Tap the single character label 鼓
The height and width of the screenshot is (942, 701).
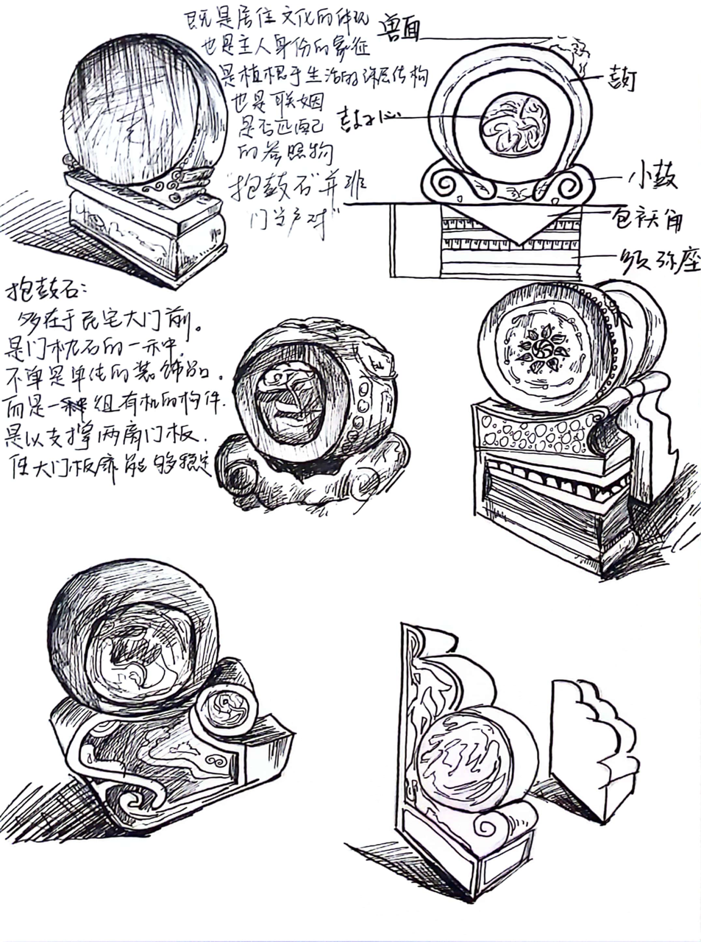(621, 78)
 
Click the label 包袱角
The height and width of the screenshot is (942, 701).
(647, 218)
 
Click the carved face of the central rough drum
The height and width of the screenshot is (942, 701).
(291, 401)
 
